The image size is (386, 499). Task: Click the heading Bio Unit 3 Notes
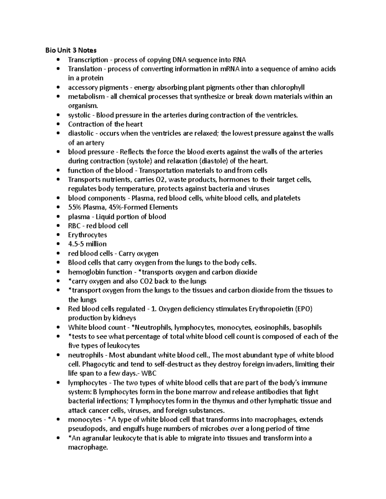pos(71,50)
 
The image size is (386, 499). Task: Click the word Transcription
pos(88,60)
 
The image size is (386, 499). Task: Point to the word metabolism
pos(86,96)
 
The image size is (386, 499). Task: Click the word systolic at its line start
pos(79,115)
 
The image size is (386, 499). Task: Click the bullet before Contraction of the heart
pos(58,124)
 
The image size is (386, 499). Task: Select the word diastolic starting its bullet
pos(81,133)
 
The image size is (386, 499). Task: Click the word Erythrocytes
pos(87,235)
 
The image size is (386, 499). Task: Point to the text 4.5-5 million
pos(87,244)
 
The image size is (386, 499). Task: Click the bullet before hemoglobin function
pos(58,272)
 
